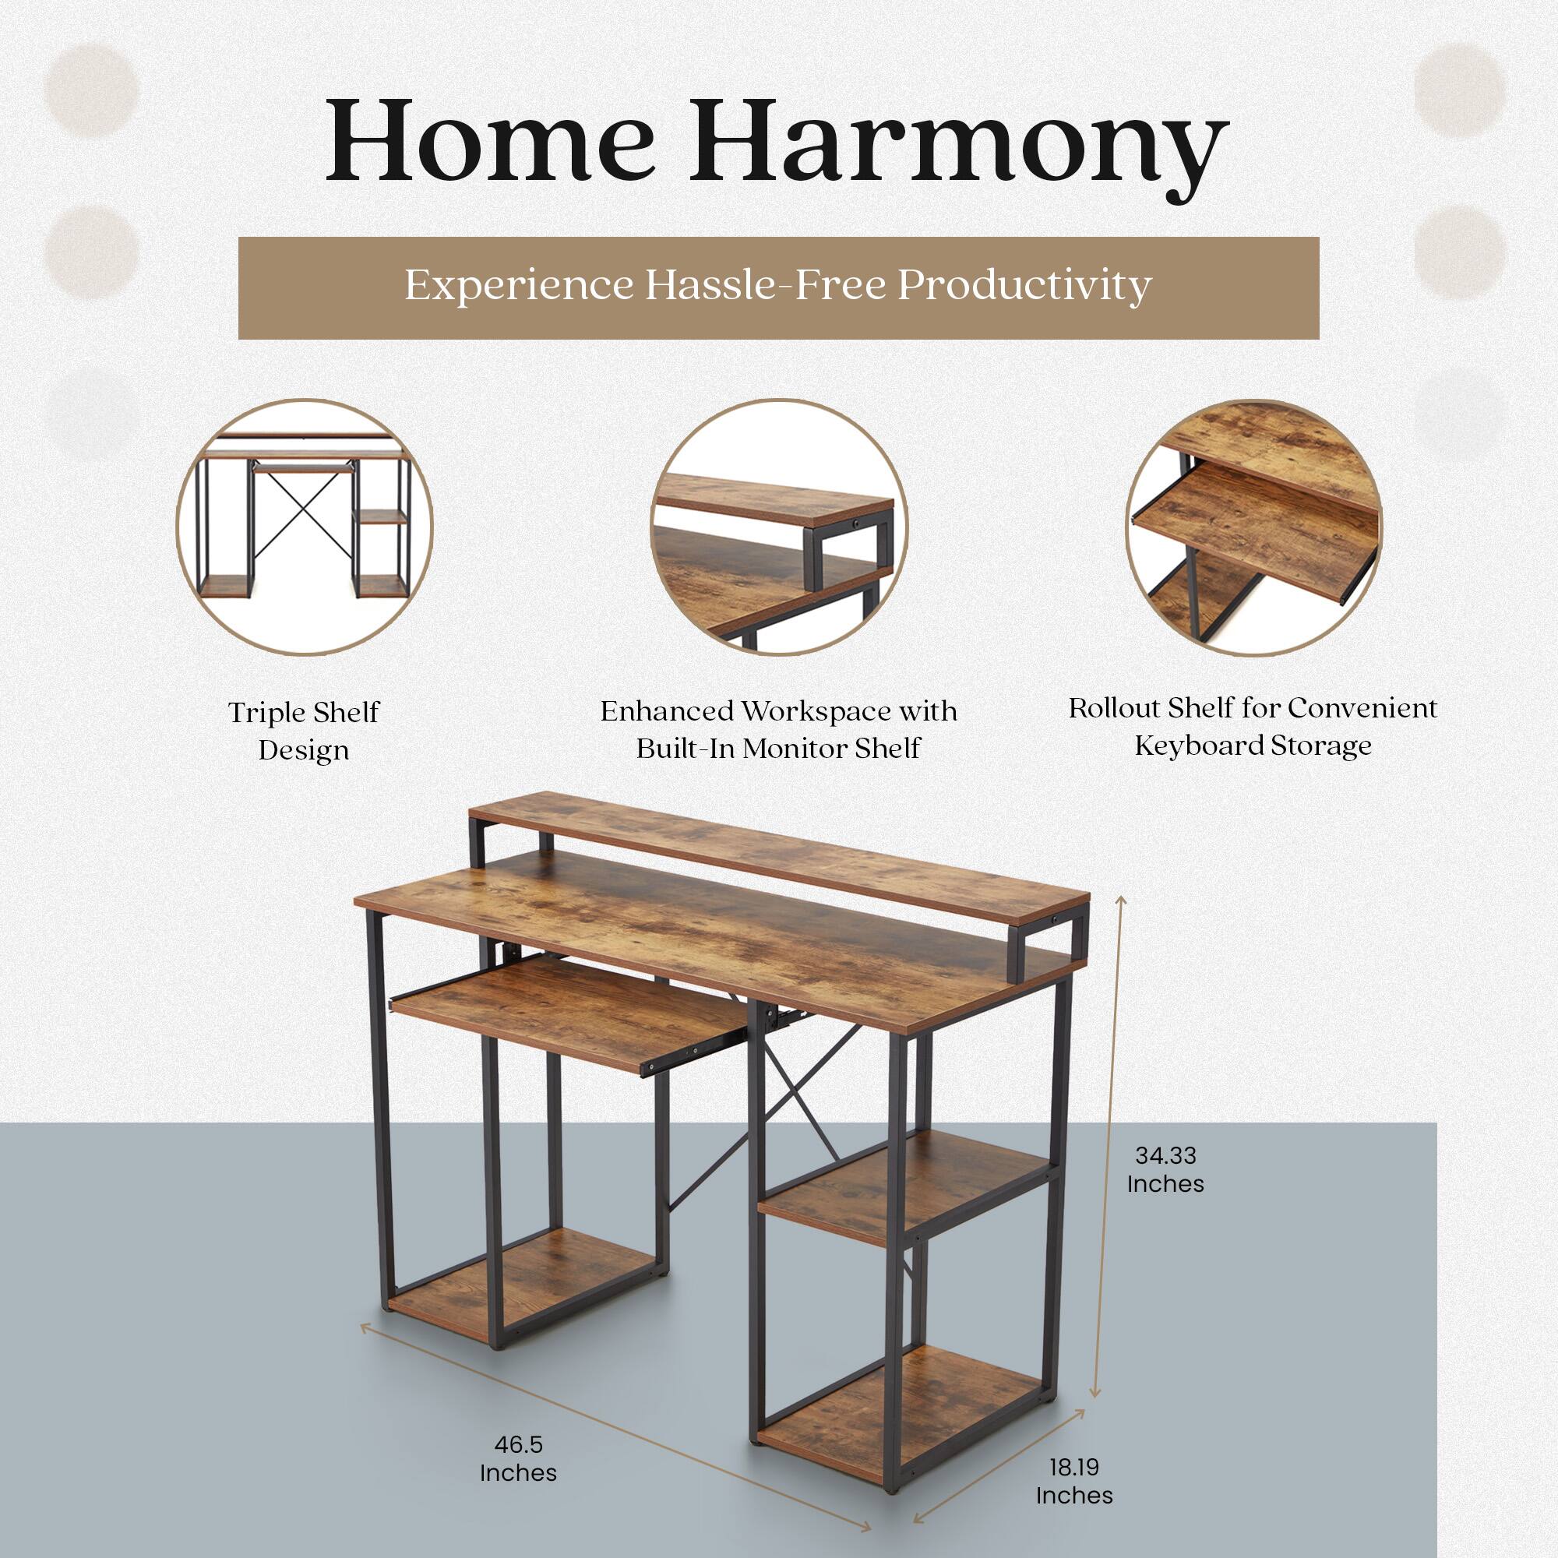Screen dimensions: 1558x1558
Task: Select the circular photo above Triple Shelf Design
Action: point(305,527)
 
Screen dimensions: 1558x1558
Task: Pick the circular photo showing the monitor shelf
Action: point(778,527)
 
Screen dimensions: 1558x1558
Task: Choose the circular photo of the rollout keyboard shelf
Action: point(1253,527)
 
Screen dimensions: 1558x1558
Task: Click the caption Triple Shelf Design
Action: point(304,731)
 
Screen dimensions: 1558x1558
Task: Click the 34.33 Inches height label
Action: point(1165,1169)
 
